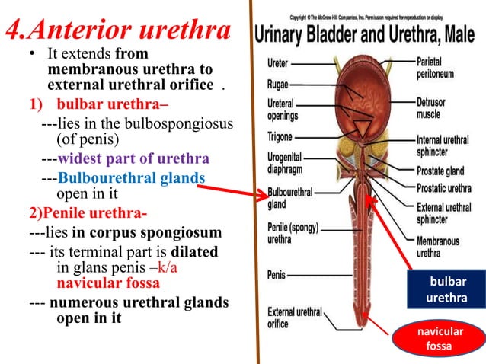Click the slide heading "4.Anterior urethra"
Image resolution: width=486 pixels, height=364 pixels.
[118, 32]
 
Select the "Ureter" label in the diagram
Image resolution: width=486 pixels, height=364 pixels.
[277, 64]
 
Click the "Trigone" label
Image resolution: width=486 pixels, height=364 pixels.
[280, 138]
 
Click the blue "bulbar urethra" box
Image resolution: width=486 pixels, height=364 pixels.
[447, 290]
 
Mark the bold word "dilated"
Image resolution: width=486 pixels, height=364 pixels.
[194, 251]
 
